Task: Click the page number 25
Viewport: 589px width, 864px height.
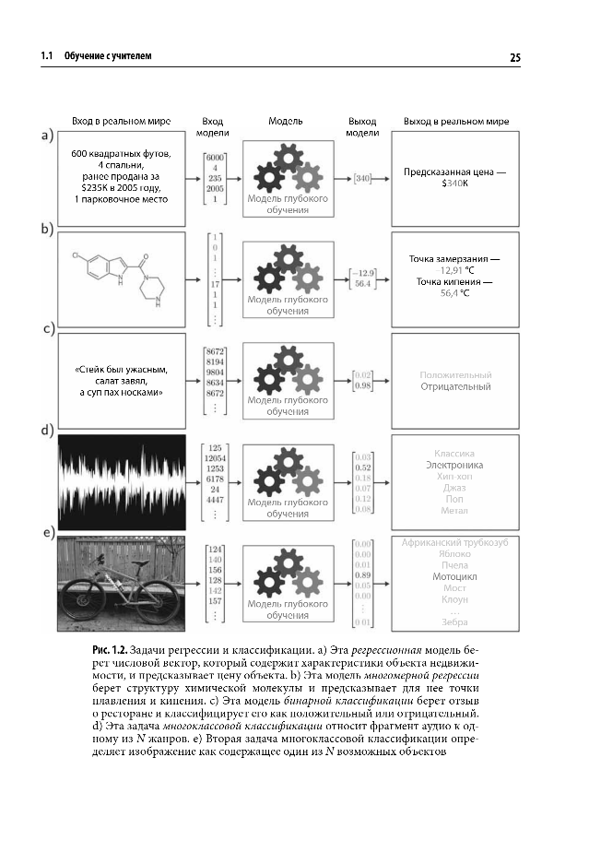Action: coord(514,57)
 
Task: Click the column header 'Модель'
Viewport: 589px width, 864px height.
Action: coord(286,122)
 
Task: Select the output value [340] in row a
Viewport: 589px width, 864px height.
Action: coord(362,178)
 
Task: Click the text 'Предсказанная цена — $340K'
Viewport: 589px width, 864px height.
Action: coord(454,178)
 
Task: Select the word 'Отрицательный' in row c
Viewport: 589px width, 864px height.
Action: coord(455,387)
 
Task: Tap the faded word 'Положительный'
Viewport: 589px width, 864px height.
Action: coord(455,375)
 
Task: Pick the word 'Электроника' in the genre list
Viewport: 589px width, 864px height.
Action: coord(454,466)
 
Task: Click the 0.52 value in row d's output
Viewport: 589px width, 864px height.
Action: coord(363,468)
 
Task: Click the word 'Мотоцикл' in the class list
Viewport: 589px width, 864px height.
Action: coord(454,576)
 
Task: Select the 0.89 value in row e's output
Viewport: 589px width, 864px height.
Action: coord(363,575)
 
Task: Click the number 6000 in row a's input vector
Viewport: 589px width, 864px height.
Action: coord(216,157)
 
